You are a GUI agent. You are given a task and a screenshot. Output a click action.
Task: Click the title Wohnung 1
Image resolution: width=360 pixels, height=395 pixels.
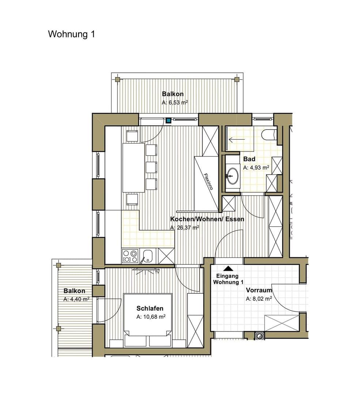coord(72,34)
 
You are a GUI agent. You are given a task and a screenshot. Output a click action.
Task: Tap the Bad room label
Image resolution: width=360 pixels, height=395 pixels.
coord(249,159)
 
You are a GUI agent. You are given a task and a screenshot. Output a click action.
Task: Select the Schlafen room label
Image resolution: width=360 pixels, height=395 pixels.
coord(150,308)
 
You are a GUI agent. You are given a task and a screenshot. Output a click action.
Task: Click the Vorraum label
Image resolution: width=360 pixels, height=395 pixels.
coord(259,290)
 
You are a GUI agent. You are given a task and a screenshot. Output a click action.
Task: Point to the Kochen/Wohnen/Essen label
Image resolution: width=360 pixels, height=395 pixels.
coord(207,219)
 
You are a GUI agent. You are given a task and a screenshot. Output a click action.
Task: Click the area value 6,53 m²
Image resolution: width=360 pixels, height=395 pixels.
coord(178,102)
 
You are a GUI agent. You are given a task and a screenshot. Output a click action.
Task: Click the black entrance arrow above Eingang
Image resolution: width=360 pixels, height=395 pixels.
coord(228,268)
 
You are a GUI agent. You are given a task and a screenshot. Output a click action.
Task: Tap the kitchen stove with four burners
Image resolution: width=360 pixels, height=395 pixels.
coord(130,256)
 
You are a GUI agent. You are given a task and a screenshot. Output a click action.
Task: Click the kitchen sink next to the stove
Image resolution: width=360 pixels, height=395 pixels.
coord(148,256)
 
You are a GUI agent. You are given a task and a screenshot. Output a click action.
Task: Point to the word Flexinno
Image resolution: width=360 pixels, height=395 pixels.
coord(208,181)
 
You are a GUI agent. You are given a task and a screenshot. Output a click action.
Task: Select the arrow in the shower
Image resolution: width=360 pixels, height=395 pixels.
coord(236,139)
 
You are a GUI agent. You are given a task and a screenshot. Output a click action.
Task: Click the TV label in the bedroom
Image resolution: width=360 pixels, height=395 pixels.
coord(157,272)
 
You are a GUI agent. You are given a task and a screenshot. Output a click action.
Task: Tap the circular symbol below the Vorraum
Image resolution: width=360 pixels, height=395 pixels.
coord(259,335)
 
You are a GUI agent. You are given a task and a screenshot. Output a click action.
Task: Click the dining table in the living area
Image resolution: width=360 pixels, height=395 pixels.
coord(133,168)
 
